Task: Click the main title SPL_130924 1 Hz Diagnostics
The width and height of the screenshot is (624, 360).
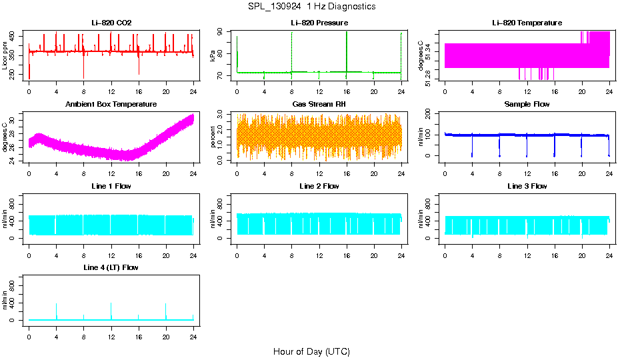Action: pyautogui.click(x=311, y=6)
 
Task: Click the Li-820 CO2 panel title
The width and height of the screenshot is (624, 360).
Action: pyautogui.click(x=111, y=23)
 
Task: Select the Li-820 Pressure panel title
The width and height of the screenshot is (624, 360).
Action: pyautogui.click(x=319, y=23)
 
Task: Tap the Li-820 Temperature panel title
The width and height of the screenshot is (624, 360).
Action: pyautogui.click(x=527, y=23)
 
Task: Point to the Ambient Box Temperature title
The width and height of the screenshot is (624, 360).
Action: pyautogui.click(x=111, y=104)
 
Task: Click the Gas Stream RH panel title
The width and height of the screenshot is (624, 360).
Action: pyautogui.click(x=319, y=104)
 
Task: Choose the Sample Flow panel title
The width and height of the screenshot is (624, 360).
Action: pyautogui.click(x=527, y=104)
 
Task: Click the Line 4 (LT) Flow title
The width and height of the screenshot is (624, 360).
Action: pyautogui.click(x=111, y=267)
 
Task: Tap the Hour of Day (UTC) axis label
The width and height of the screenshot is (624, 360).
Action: pyautogui.click(x=311, y=351)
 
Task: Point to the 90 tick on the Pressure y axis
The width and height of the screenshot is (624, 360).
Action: pyautogui.click(x=223, y=32)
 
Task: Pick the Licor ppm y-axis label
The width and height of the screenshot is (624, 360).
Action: pyautogui.click(x=5, y=56)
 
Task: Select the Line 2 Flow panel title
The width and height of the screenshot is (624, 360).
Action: pyautogui.click(x=319, y=186)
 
